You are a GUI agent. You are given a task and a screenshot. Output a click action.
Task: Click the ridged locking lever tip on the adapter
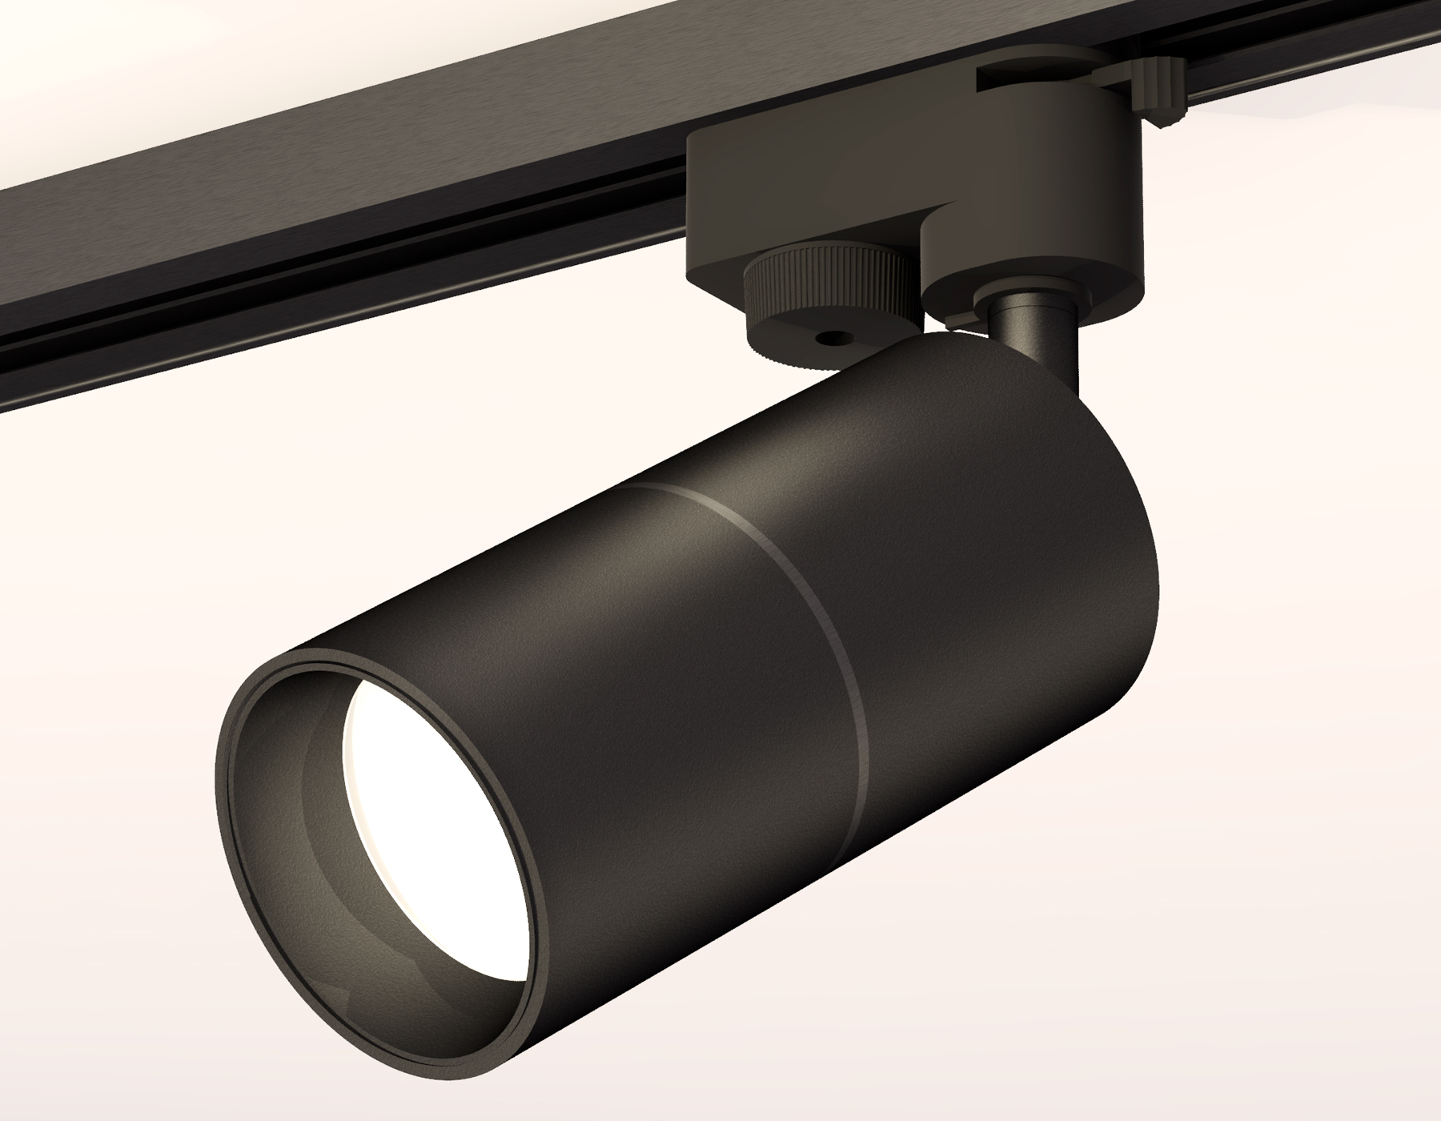tap(1161, 88)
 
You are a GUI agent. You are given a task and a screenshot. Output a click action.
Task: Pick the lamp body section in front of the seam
tap(640, 681)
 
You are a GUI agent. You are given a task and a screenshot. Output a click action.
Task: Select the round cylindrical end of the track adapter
tap(1041, 240)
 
